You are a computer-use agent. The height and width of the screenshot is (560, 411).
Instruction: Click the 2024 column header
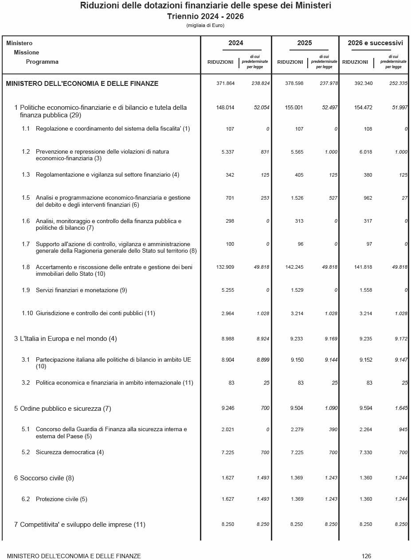(235, 43)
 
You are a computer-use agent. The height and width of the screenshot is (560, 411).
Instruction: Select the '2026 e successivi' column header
(375, 43)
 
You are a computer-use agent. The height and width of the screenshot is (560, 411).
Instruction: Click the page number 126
(366, 556)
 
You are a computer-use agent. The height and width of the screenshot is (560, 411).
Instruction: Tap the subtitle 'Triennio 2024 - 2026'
(205, 16)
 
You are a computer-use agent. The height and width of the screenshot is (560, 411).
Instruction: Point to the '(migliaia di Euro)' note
(205, 25)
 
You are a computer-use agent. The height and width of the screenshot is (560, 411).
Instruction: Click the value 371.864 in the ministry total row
(225, 83)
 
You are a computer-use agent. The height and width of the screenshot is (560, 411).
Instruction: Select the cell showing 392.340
(364, 83)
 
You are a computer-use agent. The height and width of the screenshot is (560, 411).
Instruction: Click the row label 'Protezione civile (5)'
(61, 499)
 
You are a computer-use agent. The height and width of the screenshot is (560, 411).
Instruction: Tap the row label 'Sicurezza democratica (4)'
(70, 452)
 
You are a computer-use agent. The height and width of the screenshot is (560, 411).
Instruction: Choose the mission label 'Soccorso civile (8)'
(47, 478)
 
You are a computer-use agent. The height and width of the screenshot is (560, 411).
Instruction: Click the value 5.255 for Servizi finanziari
(227, 290)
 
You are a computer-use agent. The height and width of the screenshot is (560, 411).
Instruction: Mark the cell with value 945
(403, 429)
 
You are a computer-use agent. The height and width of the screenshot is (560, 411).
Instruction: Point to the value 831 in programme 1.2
(265, 152)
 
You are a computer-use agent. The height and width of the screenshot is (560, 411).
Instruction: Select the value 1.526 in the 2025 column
(297, 198)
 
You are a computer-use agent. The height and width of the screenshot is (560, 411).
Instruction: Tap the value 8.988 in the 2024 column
(227, 339)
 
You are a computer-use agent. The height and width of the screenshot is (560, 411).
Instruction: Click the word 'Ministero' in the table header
(20, 43)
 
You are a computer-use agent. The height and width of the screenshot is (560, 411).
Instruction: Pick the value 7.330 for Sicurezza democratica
(366, 452)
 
